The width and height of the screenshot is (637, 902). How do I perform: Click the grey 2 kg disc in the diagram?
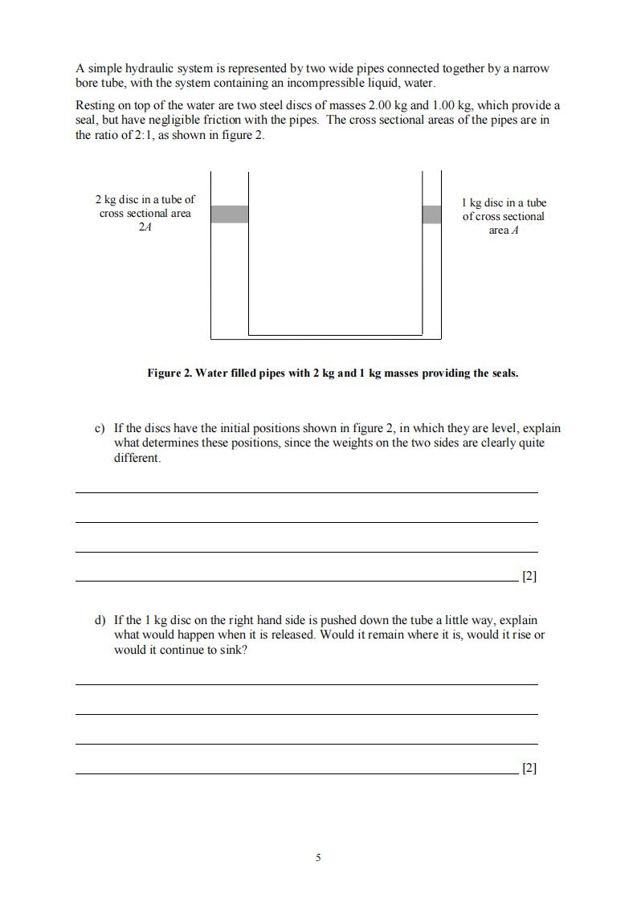coord(229,214)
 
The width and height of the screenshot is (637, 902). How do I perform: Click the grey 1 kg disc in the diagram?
coord(431,214)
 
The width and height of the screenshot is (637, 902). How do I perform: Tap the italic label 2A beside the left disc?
coord(145,227)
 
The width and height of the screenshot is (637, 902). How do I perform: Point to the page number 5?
coord(318,858)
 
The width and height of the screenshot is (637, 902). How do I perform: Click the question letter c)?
coord(100,429)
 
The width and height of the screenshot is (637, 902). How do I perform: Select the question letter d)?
coord(100,620)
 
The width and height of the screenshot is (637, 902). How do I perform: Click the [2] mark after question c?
coord(529,576)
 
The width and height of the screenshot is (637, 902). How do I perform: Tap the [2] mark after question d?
coord(529,768)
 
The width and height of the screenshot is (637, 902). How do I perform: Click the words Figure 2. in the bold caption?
coord(169,373)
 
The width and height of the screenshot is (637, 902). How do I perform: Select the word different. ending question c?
coord(137,459)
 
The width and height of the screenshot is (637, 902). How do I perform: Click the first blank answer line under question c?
coord(306,492)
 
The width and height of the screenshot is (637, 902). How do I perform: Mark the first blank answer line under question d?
coord(306,684)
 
